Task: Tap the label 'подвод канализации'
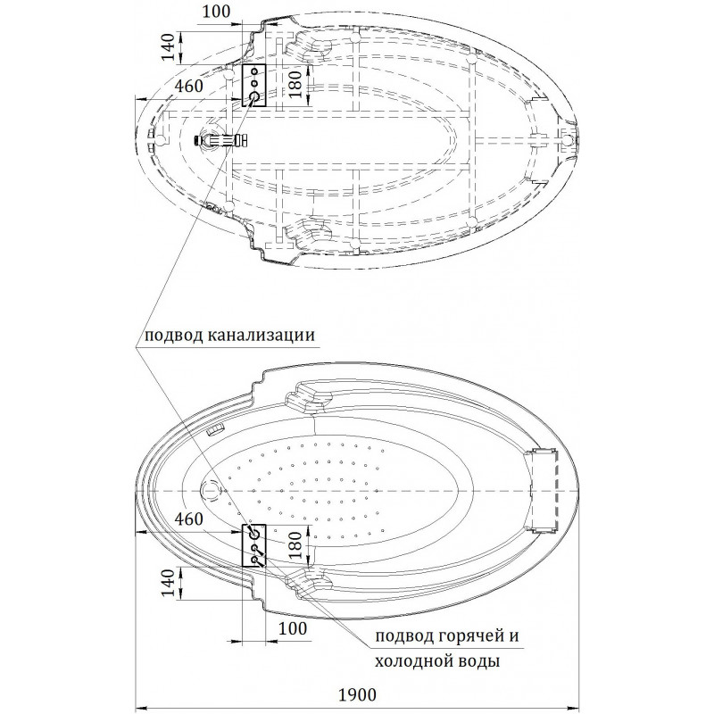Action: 226,336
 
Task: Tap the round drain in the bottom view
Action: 213,490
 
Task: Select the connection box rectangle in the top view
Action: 254,85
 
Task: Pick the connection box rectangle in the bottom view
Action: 254,545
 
